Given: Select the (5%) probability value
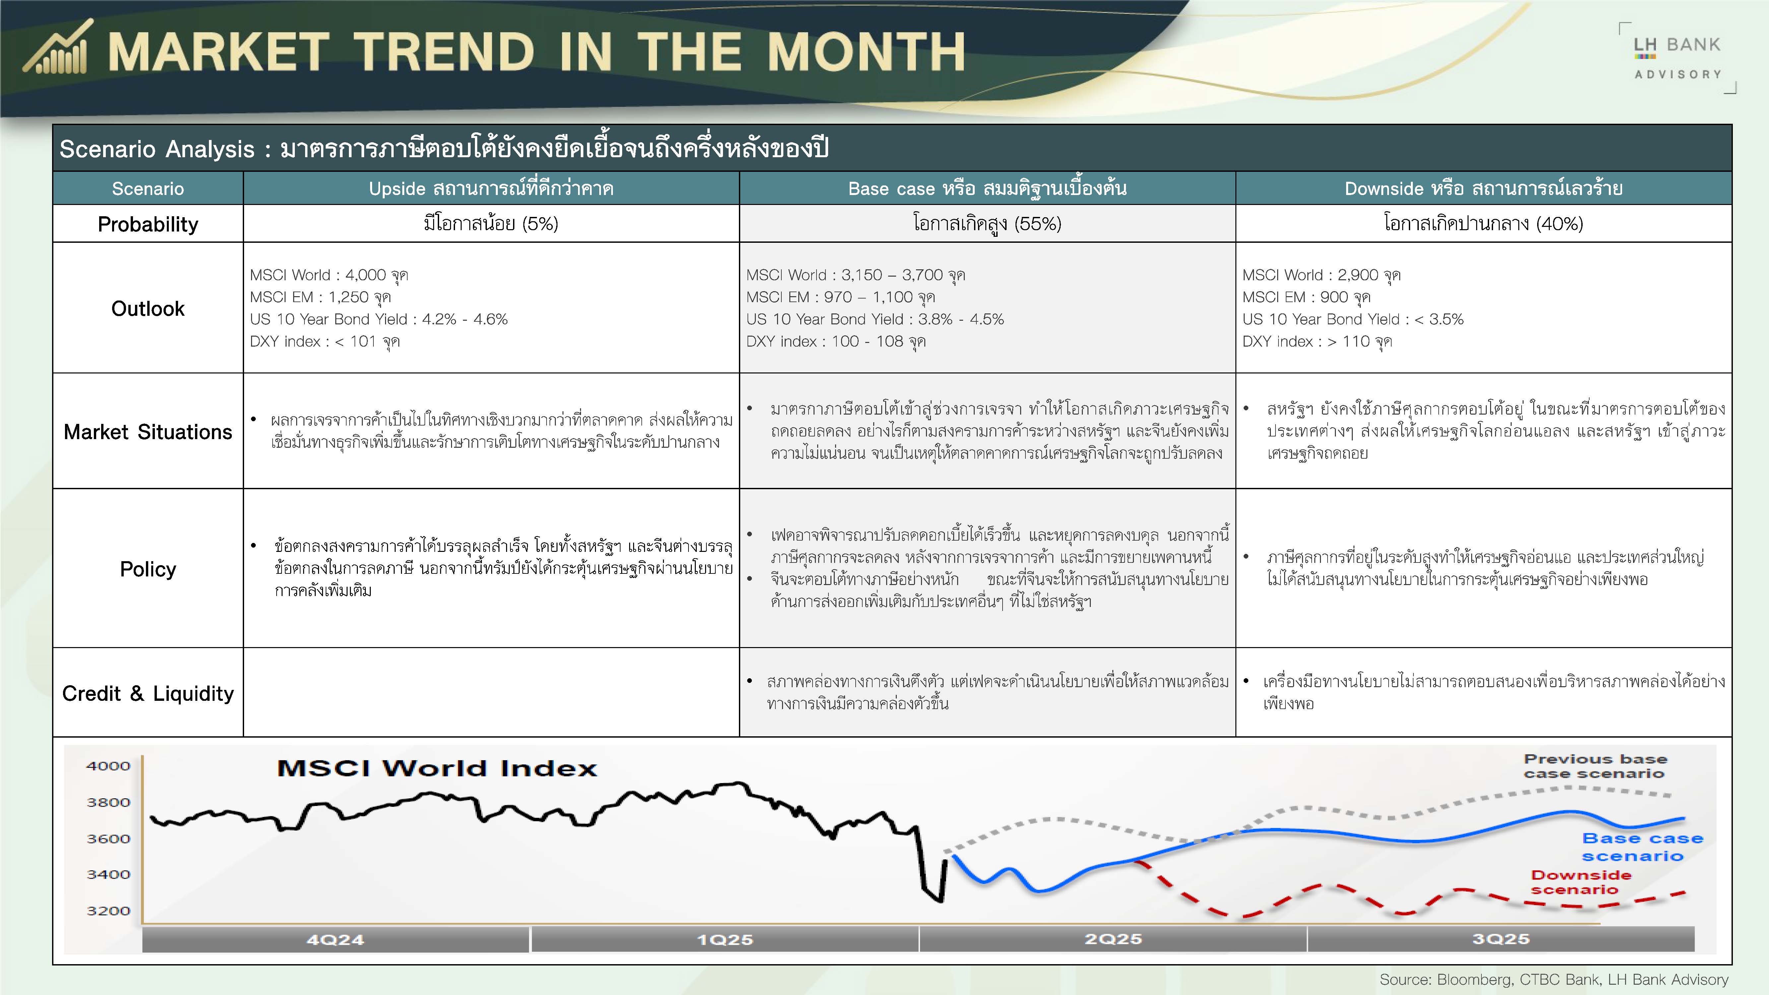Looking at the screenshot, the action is (x=540, y=224).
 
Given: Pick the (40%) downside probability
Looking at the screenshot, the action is (x=1559, y=224).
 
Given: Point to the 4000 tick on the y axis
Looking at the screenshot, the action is (x=108, y=765).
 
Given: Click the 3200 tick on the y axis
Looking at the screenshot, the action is (x=108, y=910).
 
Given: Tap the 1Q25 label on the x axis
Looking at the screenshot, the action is (x=725, y=939).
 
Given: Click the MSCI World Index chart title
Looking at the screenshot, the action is (x=437, y=768).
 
